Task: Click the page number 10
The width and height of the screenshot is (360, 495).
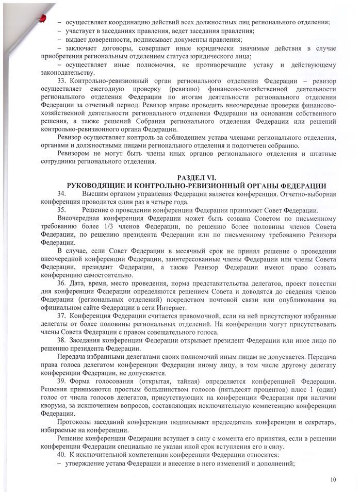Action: pos(333,480)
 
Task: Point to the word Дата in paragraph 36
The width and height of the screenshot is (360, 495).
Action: pos(77,285)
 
